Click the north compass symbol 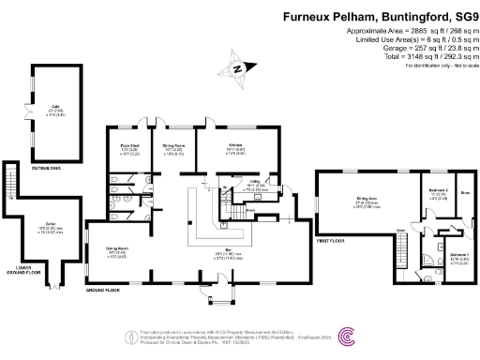pyautogui.click(x=239, y=67)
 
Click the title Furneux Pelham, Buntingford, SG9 pyautogui.click(x=378, y=17)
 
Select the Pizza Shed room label pyautogui.click(x=128, y=145)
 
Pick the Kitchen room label pyautogui.click(x=236, y=145)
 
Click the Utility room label pyautogui.click(x=253, y=185)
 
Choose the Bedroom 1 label pyautogui.click(x=459, y=254)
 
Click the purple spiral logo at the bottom pyautogui.click(x=346, y=336)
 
